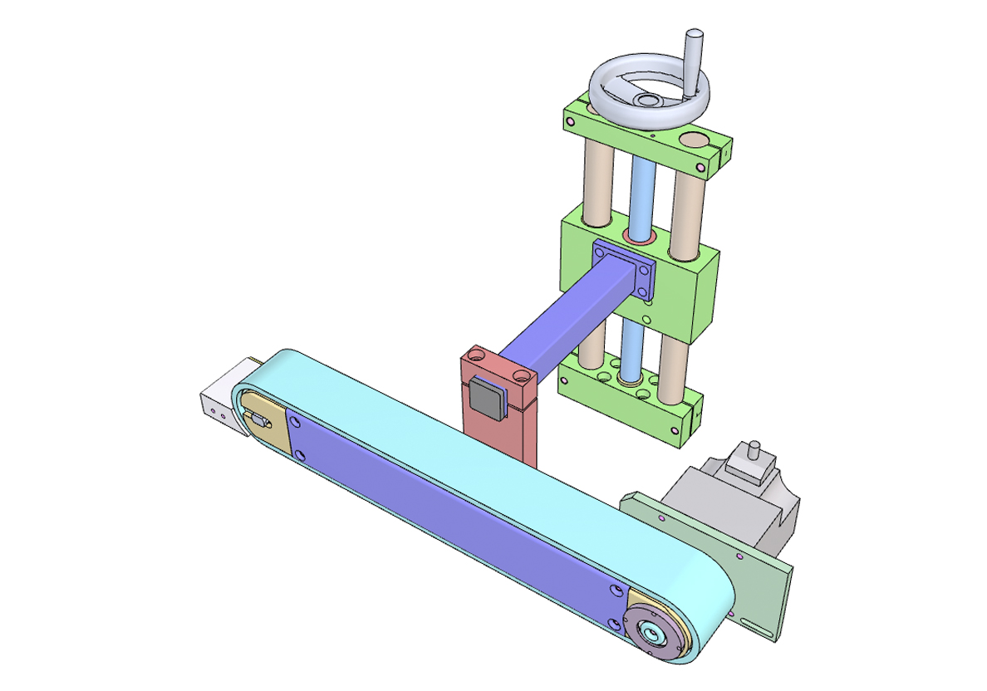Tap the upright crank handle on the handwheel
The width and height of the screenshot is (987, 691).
(x=693, y=55)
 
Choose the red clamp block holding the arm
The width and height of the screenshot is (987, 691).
(x=498, y=432)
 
